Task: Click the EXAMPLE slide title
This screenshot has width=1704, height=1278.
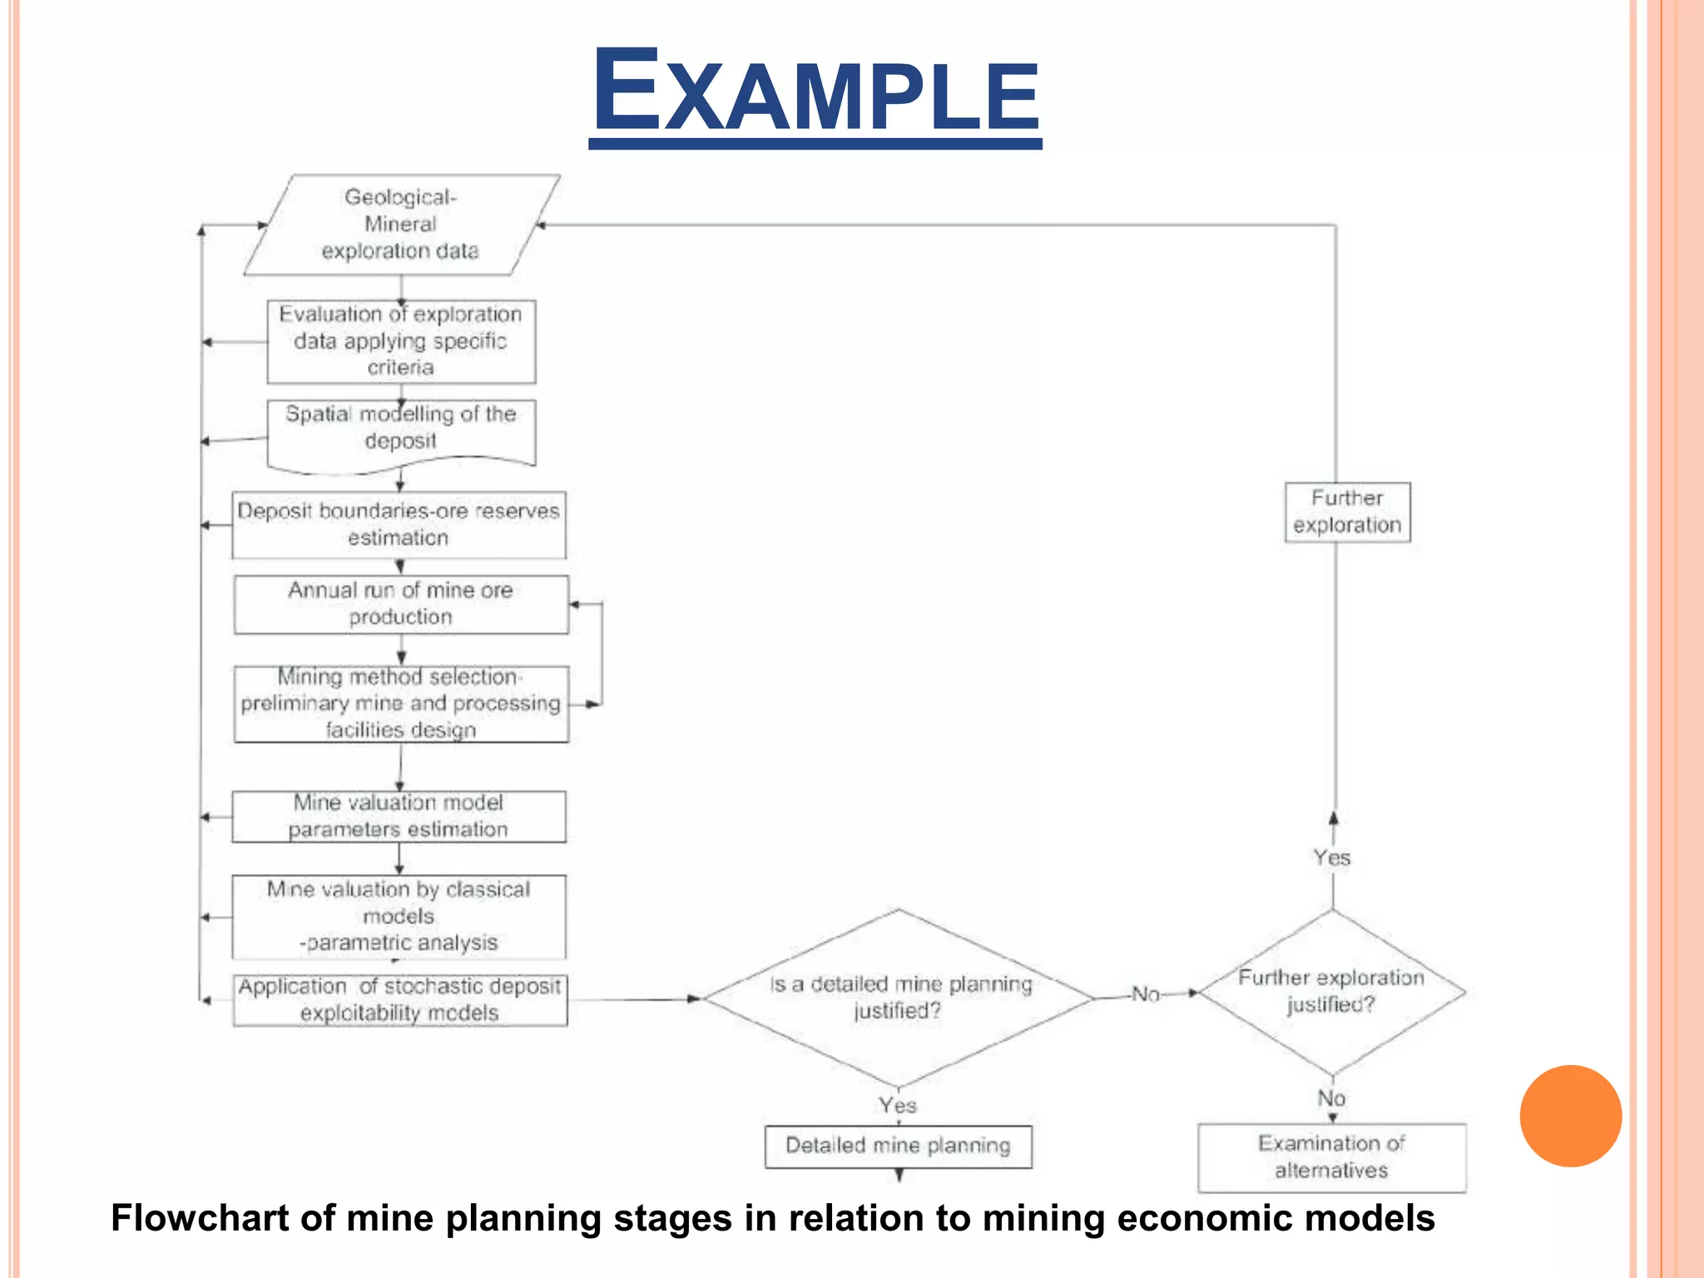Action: click(x=815, y=92)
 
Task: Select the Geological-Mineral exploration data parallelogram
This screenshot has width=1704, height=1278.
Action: click(x=401, y=225)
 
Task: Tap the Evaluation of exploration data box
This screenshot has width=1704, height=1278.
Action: click(x=401, y=341)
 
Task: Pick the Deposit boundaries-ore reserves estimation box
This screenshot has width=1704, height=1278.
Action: click(x=399, y=524)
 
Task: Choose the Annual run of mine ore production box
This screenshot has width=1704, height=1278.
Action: click(x=401, y=604)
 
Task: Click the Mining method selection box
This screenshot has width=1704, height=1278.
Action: click(x=401, y=704)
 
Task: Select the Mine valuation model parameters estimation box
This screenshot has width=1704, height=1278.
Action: click(x=399, y=816)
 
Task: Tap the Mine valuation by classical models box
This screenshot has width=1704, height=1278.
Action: click(x=399, y=916)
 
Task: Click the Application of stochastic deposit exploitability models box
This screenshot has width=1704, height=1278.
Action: click(x=400, y=1000)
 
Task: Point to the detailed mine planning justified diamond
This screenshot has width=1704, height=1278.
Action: click(x=899, y=998)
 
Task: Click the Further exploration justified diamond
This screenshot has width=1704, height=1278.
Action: click(x=1331, y=992)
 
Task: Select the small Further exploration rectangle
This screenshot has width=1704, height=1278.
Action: click(x=1347, y=512)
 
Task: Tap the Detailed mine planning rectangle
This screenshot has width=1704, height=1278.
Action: click(x=898, y=1146)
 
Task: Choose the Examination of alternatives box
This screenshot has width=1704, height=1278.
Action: click(x=1331, y=1157)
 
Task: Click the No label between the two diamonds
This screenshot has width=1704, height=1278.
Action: click(x=1146, y=994)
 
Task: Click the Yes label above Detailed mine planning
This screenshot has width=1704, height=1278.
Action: click(x=898, y=1106)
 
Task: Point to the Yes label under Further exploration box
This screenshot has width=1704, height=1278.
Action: click(x=1332, y=858)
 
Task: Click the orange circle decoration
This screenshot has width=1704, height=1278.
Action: click(x=1570, y=1116)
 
